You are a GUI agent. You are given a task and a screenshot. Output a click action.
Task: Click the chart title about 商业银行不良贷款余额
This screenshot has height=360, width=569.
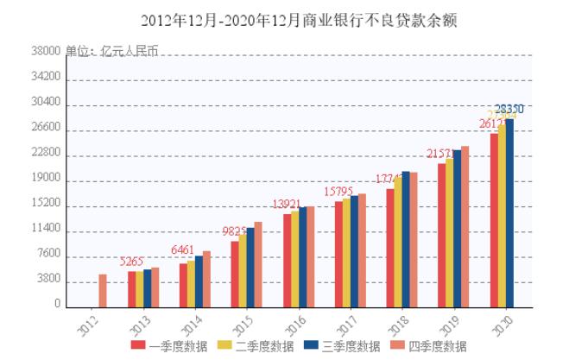pyautogui.click(x=285, y=20)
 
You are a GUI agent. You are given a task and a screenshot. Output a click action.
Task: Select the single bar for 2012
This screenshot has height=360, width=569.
pyautogui.click(x=103, y=290)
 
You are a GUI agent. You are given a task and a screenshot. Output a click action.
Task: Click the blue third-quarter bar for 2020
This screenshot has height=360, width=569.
pyautogui.click(x=509, y=212)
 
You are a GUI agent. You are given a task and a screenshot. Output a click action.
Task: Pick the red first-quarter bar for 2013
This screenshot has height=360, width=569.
pyautogui.click(x=132, y=289)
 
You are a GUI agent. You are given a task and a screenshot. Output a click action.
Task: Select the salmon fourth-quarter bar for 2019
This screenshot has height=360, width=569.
pyautogui.click(x=465, y=226)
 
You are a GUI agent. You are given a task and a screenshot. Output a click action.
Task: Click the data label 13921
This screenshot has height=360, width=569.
pyautogui.click(x=286, y=205)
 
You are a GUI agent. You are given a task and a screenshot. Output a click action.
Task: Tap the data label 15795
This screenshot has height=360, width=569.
pyautogui.click(x=338, y=191)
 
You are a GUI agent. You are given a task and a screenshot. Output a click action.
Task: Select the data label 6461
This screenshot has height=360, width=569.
pyautogui.click(x=183, y=250)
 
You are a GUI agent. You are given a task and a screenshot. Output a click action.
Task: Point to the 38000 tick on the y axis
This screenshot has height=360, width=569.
pyautogui.click(x=46, y=51)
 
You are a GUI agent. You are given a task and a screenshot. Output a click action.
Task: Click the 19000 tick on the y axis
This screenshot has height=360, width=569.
pyautogui.click(x=46, y=179)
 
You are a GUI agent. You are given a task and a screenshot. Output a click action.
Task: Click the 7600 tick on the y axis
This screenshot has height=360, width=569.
pyautogui.click(x=48, y=255)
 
